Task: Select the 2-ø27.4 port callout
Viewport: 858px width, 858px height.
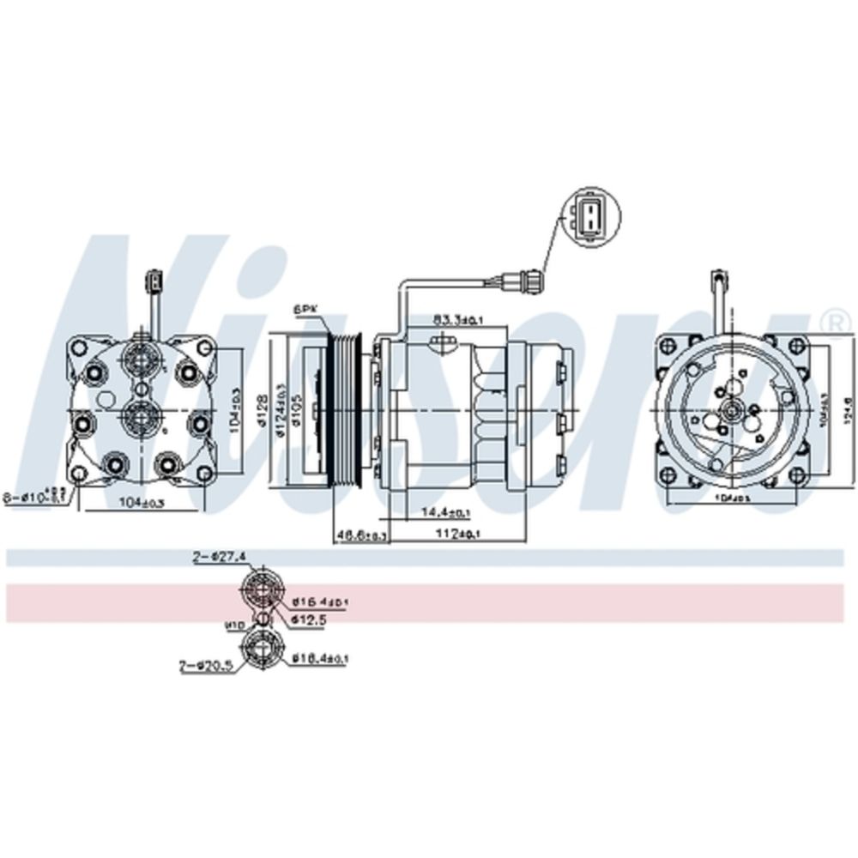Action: pos(219,557)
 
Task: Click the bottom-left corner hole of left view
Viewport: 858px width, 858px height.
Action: pos(79,474)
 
